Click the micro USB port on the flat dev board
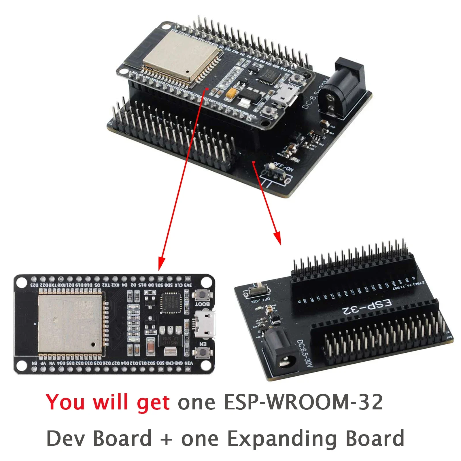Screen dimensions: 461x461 click(205, 324)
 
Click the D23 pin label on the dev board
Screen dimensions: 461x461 click(34, 285)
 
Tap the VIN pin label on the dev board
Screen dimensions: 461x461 click(188, 363)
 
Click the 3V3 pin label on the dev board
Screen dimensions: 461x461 click(188, 285)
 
